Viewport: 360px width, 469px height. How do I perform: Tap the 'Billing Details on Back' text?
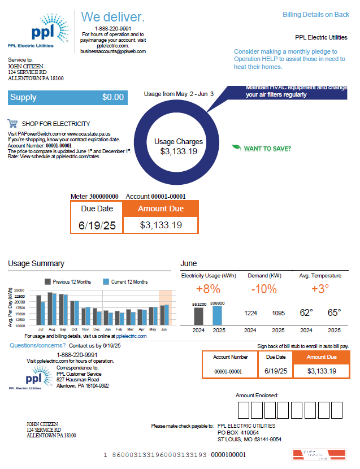coord(316,15)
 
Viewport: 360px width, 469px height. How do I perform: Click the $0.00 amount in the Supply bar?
coord(112,97)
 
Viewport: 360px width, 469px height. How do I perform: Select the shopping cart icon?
coord(12,123)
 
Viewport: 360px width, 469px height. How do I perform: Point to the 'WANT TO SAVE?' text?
coord(267,149)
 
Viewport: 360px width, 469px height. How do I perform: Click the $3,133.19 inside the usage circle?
coord(179,151)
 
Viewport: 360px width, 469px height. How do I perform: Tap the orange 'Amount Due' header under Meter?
coord(161,209)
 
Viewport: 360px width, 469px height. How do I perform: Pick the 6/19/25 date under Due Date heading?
coord(97,225)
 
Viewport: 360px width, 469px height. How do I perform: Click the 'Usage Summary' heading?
coord(36,263)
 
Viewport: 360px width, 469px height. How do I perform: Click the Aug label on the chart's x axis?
coord(52,328)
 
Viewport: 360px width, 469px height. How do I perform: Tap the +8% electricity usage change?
coord(207,289)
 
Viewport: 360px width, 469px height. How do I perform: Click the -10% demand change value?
coord(264,289)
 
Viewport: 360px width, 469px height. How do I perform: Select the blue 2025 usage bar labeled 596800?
coord(217,315)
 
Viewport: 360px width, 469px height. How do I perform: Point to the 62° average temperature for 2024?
coord(306,312)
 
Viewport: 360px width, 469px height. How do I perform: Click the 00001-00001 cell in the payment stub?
coord(228,371)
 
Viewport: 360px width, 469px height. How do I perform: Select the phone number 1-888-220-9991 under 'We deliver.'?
coord(113,28)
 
